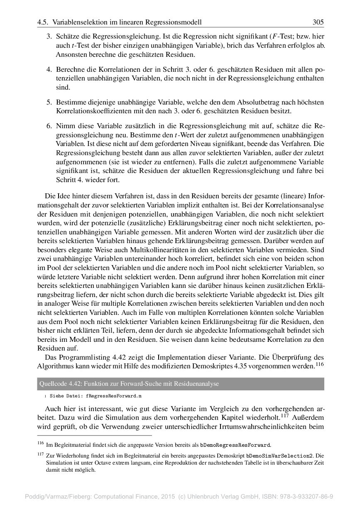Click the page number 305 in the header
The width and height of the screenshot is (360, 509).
[318, 22]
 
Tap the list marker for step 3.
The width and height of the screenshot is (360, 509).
[49, 36]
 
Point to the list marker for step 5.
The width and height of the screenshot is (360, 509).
[49, 102]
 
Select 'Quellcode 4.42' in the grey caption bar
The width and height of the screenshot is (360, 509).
[58, 384]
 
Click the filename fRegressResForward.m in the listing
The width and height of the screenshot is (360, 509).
[114, 396]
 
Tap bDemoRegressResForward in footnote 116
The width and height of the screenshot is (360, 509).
[235, 445]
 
